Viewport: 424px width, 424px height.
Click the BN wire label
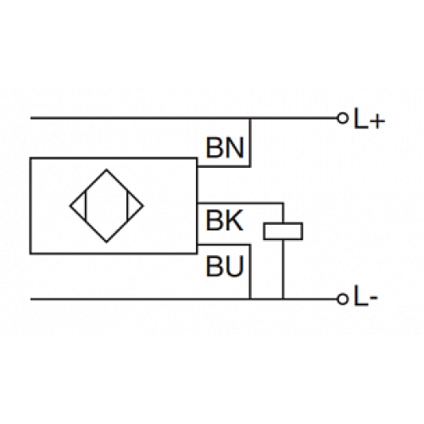pos(225,148)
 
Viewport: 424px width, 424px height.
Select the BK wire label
pos(225,221)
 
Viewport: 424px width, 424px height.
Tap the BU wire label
pos(225,268)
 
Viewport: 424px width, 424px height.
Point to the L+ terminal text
pos(369,119)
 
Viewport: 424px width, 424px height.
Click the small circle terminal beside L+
pos(343,119)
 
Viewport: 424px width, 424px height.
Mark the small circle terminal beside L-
pos(343,299)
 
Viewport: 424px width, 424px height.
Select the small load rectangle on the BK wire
pos(283,229)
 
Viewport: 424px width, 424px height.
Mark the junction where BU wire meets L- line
pos(251,299)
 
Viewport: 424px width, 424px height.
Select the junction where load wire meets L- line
pos(283,299)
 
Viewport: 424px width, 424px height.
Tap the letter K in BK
pos(235,221)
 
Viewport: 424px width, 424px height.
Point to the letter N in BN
pos(235,148)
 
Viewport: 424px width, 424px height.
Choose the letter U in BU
pos(235,268)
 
